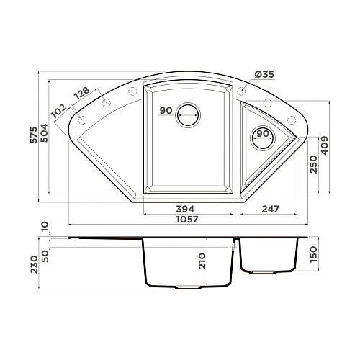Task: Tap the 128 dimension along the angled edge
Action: click(81, 94)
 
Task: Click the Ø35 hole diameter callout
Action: click(264, 74)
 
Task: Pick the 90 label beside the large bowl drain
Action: click(166, 111)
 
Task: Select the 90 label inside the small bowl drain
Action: click(263, 134)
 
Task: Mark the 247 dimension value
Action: click(270, 209)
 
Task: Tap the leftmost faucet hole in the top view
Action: click(82, 120)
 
